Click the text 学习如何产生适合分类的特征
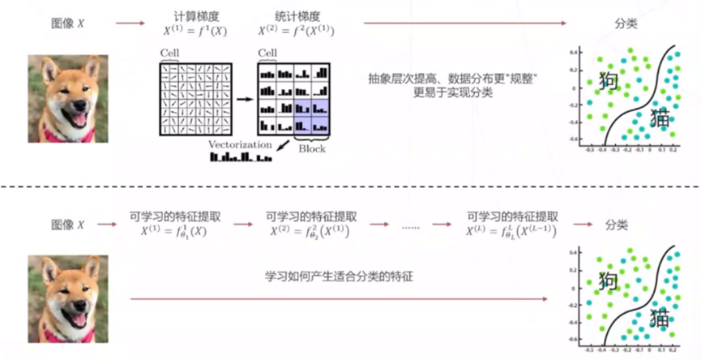tap(339, 276)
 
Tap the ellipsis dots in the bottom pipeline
tap(411, 226)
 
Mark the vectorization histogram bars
tap(240, 156)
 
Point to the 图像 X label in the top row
tap(67, 23)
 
